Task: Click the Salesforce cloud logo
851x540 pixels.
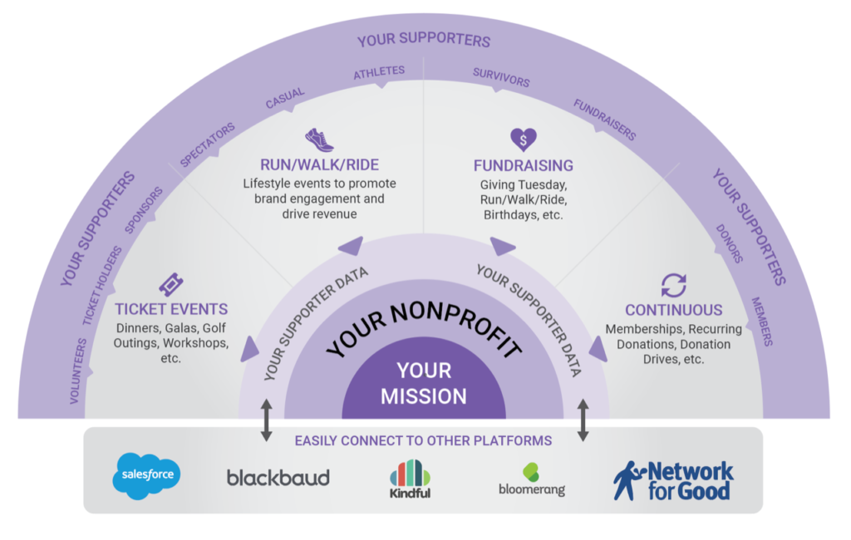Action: click(146, 475)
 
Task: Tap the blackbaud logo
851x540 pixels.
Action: click(278, 477)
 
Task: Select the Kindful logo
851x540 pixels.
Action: click(410, 479)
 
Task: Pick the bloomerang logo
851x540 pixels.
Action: click(532, 479)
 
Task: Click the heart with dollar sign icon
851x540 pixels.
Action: click(523, 138)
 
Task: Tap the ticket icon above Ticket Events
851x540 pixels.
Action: click(171, 285)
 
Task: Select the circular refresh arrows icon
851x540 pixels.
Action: click(673, 285)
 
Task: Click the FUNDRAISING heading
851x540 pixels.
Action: click(523, 165)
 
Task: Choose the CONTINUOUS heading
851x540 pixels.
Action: click(673, 310)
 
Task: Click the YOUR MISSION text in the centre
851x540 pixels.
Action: click(424, 383)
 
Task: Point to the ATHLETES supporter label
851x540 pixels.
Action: click(379, 73)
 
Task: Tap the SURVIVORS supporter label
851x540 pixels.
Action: click(501, 77)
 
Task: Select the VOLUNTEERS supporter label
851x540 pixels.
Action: click(77, 371)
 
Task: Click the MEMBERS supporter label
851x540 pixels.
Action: click(762, 322)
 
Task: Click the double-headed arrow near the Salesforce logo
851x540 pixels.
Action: click(266, 420)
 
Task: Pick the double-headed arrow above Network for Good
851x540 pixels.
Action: click(583, 420)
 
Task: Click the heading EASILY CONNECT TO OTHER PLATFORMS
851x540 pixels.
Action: click(423, 440)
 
